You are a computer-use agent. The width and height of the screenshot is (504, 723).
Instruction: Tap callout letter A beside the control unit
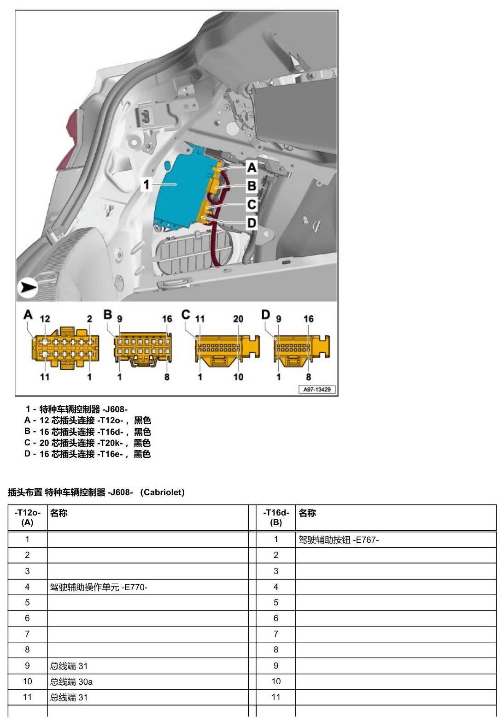(x=252, y=167)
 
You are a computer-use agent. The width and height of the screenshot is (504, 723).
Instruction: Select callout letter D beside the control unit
(x=252, y=223)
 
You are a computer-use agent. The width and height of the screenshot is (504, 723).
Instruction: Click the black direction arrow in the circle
(x=28, y=287)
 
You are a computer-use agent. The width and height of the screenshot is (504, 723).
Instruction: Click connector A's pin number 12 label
(x=45, y=319)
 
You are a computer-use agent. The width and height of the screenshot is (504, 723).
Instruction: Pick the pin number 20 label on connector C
(x=238, y=319)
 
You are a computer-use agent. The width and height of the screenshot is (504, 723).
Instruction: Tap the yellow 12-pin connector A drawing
(x=66, y=348)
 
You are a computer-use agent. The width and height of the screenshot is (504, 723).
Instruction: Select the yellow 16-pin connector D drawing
(x=302, y=350)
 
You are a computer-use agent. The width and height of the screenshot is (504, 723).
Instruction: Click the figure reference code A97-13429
(x=317, y=390)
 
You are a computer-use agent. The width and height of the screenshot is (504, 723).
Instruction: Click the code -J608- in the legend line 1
(x=115, y=409)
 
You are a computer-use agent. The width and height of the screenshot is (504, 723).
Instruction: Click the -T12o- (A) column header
(x=27, y=517)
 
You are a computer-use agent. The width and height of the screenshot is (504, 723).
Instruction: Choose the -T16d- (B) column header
(x=276, y=517)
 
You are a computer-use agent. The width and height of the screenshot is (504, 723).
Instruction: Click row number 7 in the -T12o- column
(x=27, y=634)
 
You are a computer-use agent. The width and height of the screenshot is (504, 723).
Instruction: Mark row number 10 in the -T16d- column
(x=276, y=682)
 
